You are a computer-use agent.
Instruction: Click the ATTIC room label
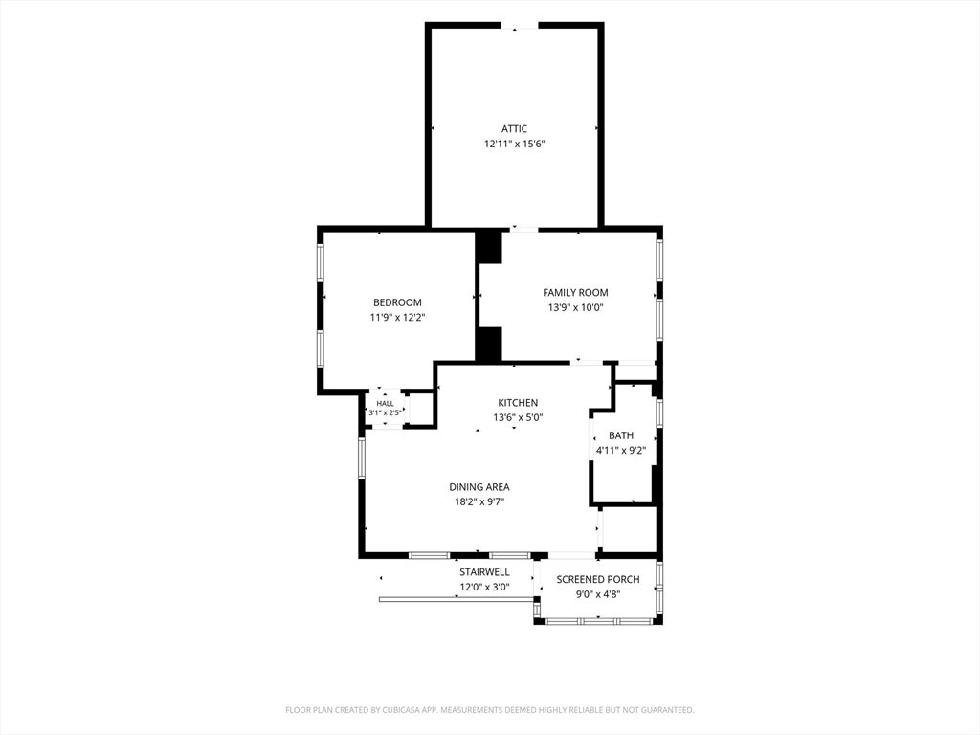pyautogui.click(x=514, y=129)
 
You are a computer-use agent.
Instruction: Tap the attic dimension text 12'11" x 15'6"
pyautogui.click(x=514, y=144)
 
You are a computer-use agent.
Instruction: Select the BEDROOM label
pyautogui.click(x=397, y=302)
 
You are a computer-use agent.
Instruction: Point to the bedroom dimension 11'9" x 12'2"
pyautogui.click(x=397, y=318)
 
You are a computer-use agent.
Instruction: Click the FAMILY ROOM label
pyautogui.click(x=575, y=293)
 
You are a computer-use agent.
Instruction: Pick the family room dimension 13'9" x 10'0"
pyautogui.click(x=575, y=307)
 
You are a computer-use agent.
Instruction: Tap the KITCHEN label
pyautogui.click(x=518, y=403)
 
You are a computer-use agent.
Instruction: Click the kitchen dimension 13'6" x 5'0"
pyautogui.click(x=518, y=417)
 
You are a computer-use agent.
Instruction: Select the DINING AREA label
pyautogui.click(x=479, y=487)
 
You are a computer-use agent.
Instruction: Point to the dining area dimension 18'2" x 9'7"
pyautogui.click(x=479, y=501)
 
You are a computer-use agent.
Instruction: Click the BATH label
pyautogui.click(x=620, y=435)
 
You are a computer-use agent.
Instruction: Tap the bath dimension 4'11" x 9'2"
pyautogui.click(x=620, y=451)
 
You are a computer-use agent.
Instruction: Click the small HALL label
pyautogui.click(x=385, y=404)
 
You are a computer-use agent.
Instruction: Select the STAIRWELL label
pyautogui.click(x=484, y=572)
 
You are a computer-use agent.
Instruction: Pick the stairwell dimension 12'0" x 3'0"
pyautogui.click(x=484, y=587)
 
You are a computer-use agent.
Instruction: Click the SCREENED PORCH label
pyautogui.click(x=597, y=579)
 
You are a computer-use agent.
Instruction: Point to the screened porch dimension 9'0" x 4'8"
pyautogui.click(x=597, y=594)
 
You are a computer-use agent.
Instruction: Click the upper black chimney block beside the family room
pyautogui.click(x=489, y=247)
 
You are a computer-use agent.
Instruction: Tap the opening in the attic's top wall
pyautogui.click(x=520, y=26)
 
